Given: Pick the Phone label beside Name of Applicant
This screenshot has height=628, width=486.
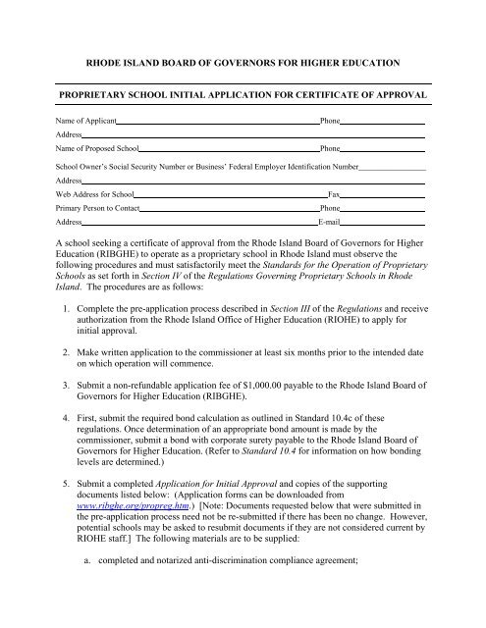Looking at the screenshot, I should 332,121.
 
